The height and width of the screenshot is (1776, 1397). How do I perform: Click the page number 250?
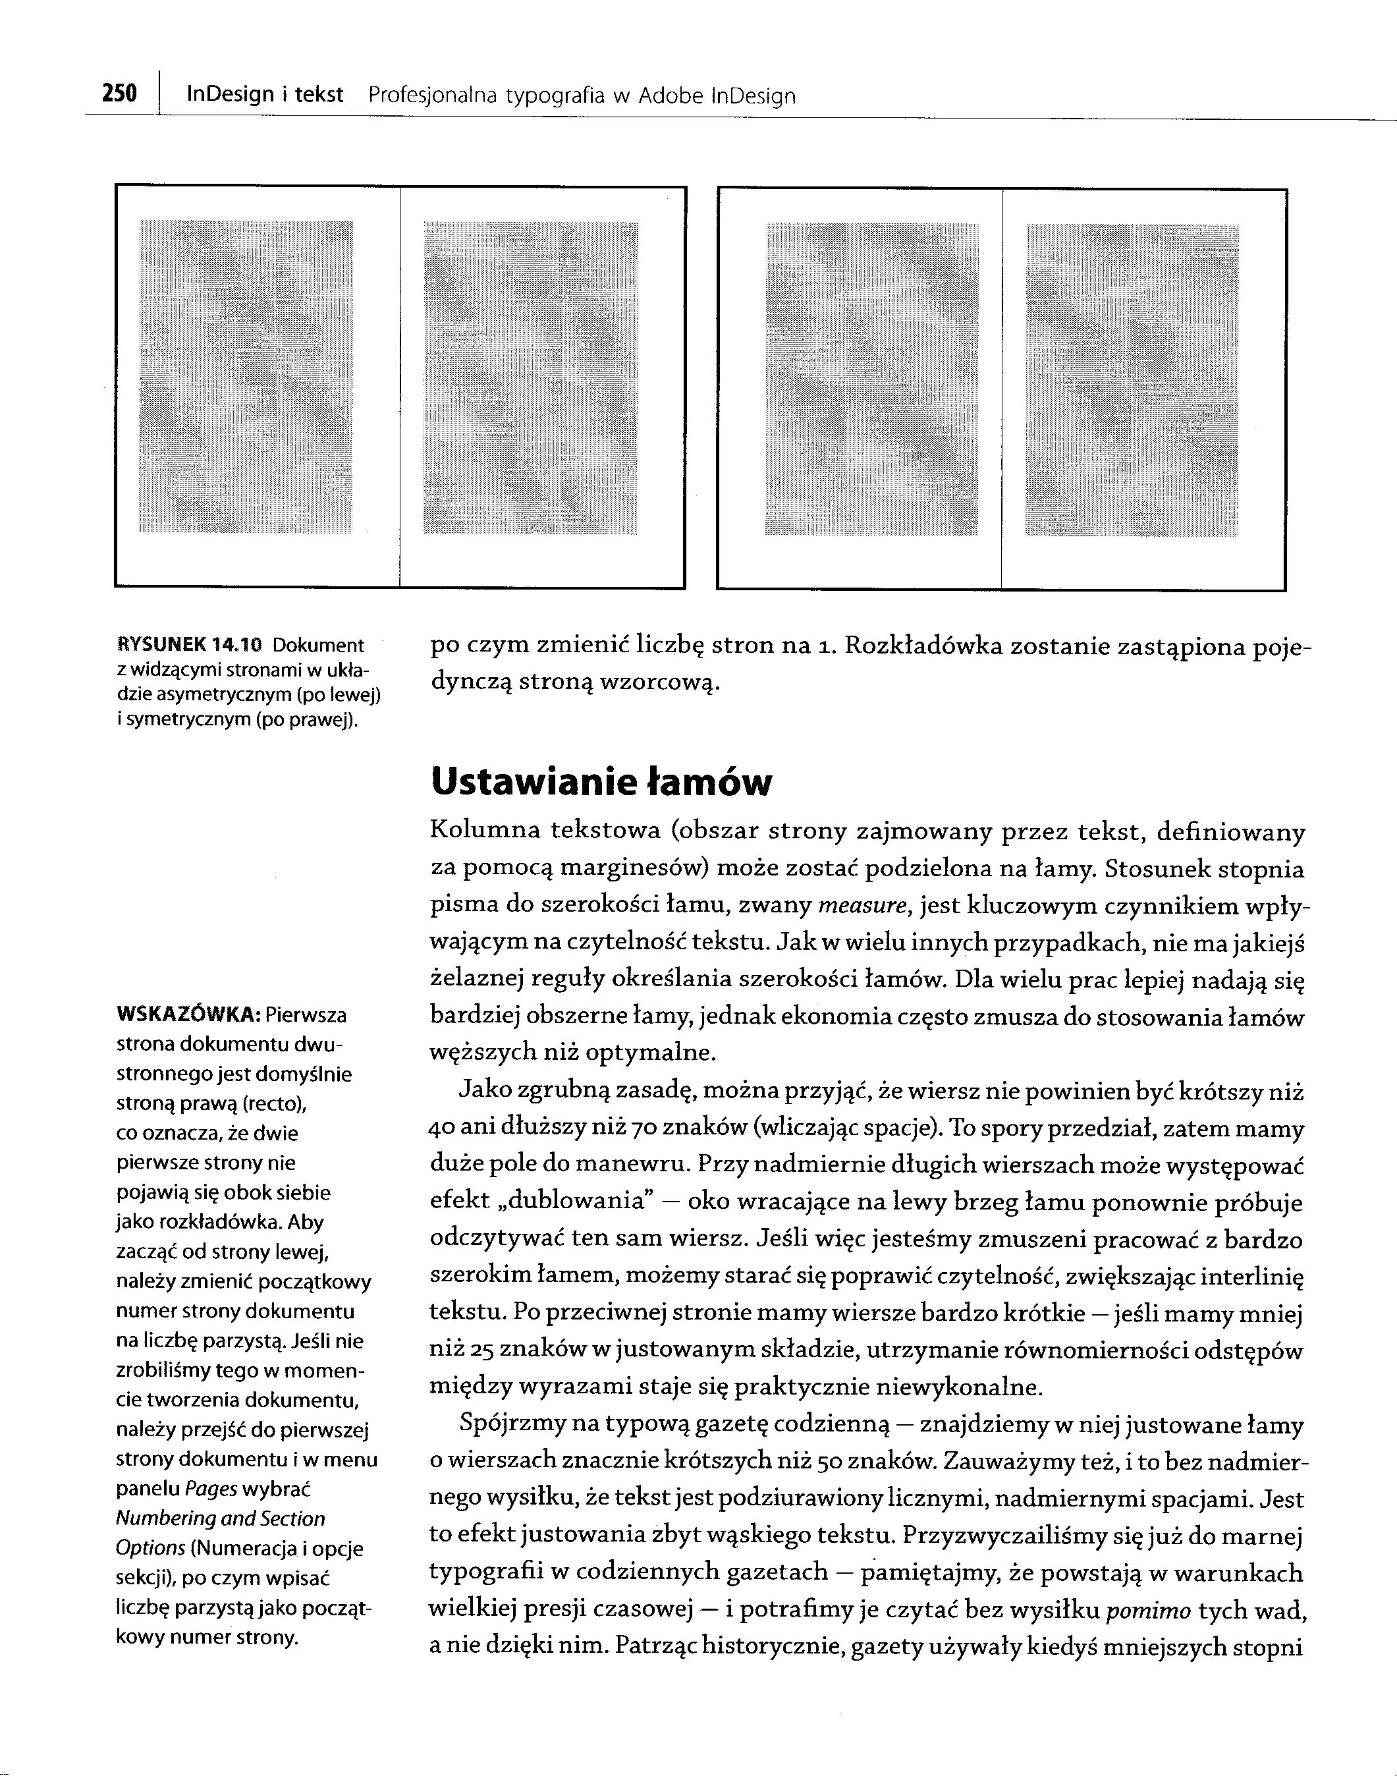pos(119,94)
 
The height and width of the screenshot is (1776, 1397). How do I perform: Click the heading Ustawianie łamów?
pos(600,782)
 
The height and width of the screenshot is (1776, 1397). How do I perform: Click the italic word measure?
pos(863,906)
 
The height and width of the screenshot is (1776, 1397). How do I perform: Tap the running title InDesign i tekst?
pos(265,95)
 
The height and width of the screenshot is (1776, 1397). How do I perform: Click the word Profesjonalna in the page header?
pos(433,97)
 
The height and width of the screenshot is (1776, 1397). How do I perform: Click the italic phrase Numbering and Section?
pos(221,1518)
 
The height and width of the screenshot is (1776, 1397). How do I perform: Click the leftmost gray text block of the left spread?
pos(246,376)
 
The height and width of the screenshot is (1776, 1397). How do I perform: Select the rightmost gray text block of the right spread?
pos(1132,379)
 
